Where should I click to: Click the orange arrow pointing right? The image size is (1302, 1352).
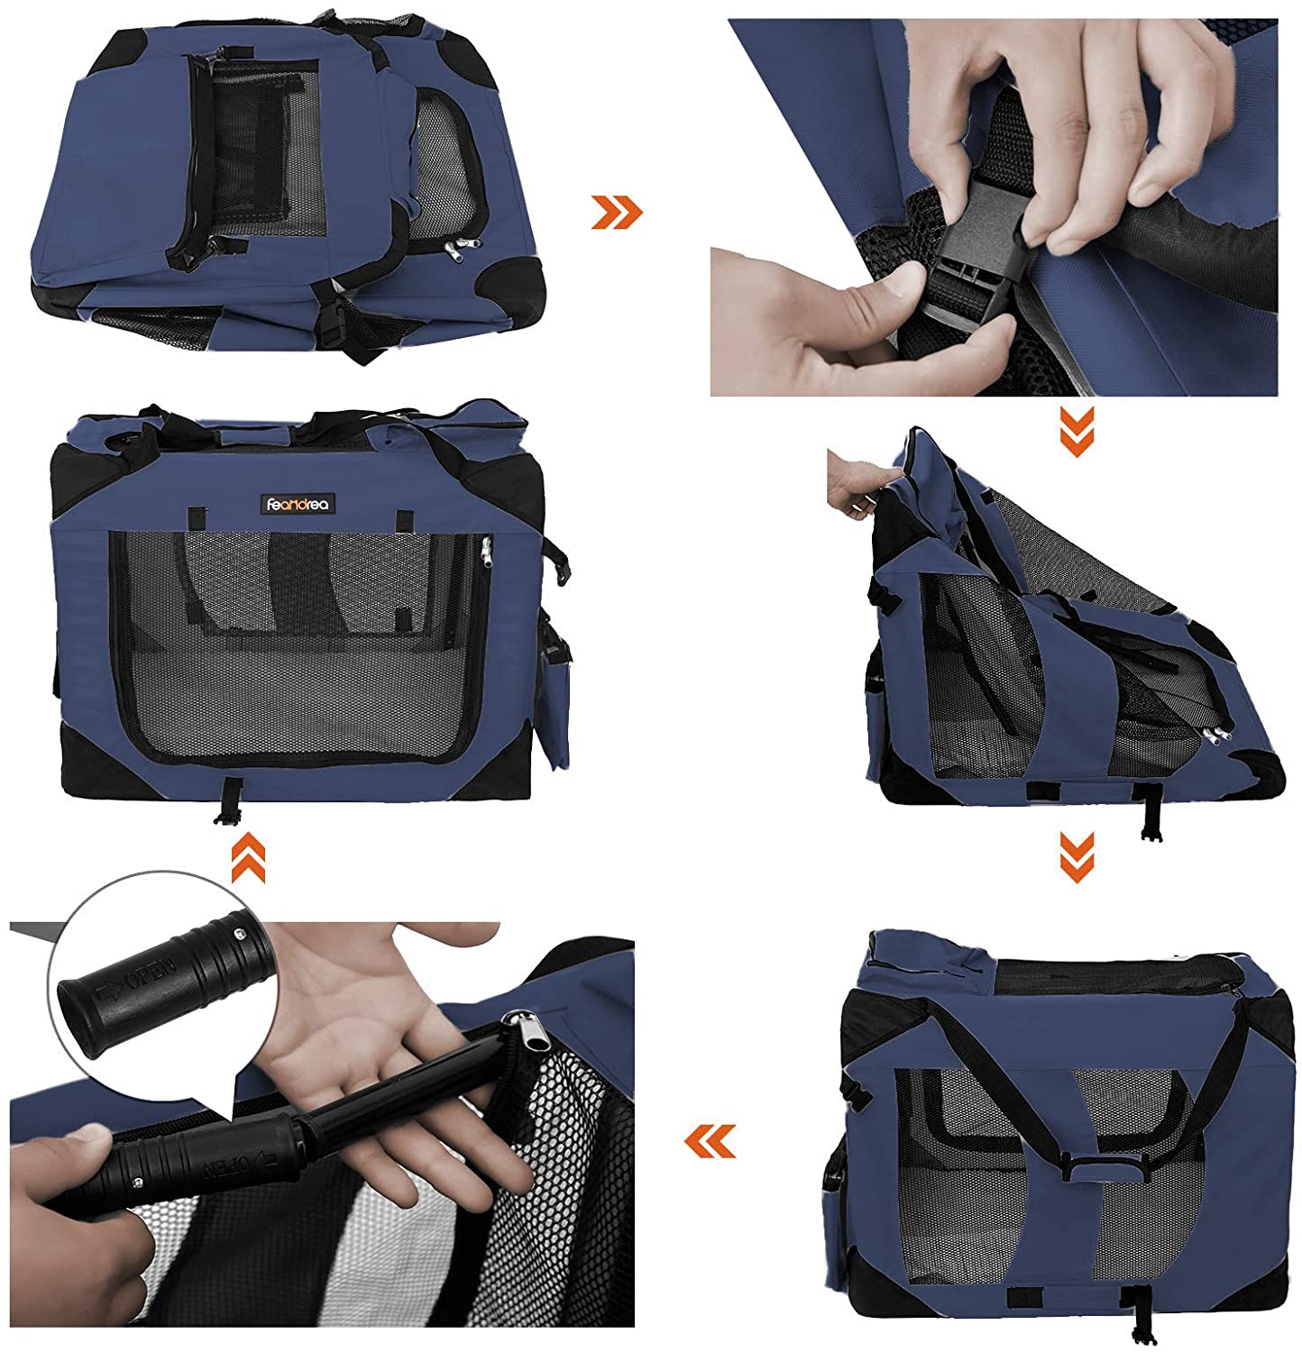(x=617, y=213)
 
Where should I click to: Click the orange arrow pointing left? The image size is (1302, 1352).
(x=710, y=1140)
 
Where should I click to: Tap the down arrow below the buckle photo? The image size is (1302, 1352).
(x=1077, y=431)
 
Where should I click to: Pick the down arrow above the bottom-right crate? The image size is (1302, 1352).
(x=1077, y=856)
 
